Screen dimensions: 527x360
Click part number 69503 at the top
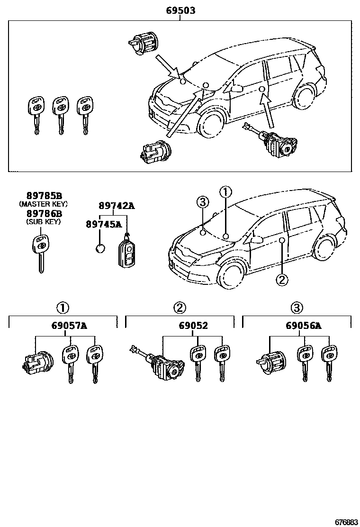pos(180,10)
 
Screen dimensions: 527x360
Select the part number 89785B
pos(43,196)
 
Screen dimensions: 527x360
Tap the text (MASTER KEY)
pos(43,204)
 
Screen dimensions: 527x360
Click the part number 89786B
pos(43,213)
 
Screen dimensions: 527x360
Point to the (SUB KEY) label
pos(43,221)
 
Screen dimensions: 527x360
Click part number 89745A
pos(104,224)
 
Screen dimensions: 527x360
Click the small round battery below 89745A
pos(100,248)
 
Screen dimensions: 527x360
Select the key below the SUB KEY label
pos(39,254)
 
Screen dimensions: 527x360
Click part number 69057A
pos(70,326)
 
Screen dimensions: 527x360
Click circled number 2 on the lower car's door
pos(281,280)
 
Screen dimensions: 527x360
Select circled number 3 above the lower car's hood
pos(202,202)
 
